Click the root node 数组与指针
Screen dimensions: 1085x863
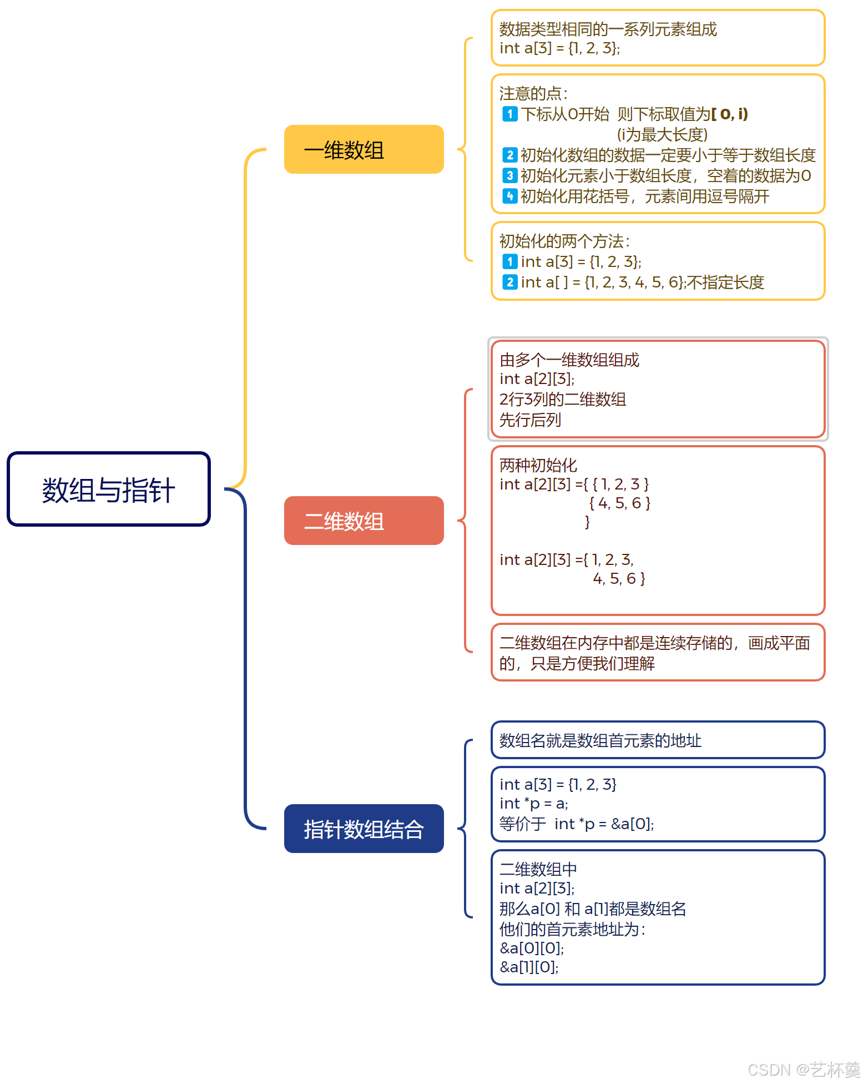[109, 489]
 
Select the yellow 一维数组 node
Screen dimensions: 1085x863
[364, 149]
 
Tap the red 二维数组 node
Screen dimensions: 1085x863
[364, 521]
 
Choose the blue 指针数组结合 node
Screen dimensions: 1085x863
[364, 829]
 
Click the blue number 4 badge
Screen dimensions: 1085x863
[509, 196]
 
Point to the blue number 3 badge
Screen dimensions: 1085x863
[509, 175]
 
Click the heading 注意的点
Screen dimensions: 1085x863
[533, 93]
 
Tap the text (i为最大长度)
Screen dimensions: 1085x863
[662, 134]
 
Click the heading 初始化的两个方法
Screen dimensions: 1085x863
[564, 241]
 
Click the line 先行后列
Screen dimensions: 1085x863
[530, 420]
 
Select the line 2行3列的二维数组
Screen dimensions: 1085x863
[562, 399]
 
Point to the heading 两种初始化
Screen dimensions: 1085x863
[538, 465]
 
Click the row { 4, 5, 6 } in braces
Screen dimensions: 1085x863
[619, 503]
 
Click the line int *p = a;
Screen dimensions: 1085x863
[533, 804]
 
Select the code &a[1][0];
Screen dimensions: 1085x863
[529, 967]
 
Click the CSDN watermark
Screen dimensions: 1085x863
[803, 1069]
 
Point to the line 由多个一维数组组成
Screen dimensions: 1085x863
[569, 360]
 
